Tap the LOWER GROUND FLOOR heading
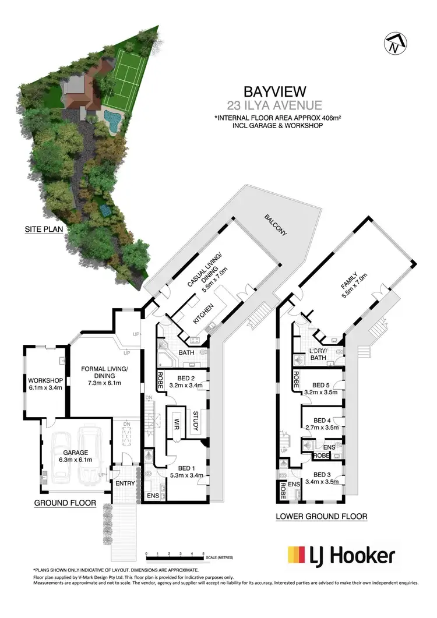(x=322, y=516)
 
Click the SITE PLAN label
(x=44, y=229)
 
